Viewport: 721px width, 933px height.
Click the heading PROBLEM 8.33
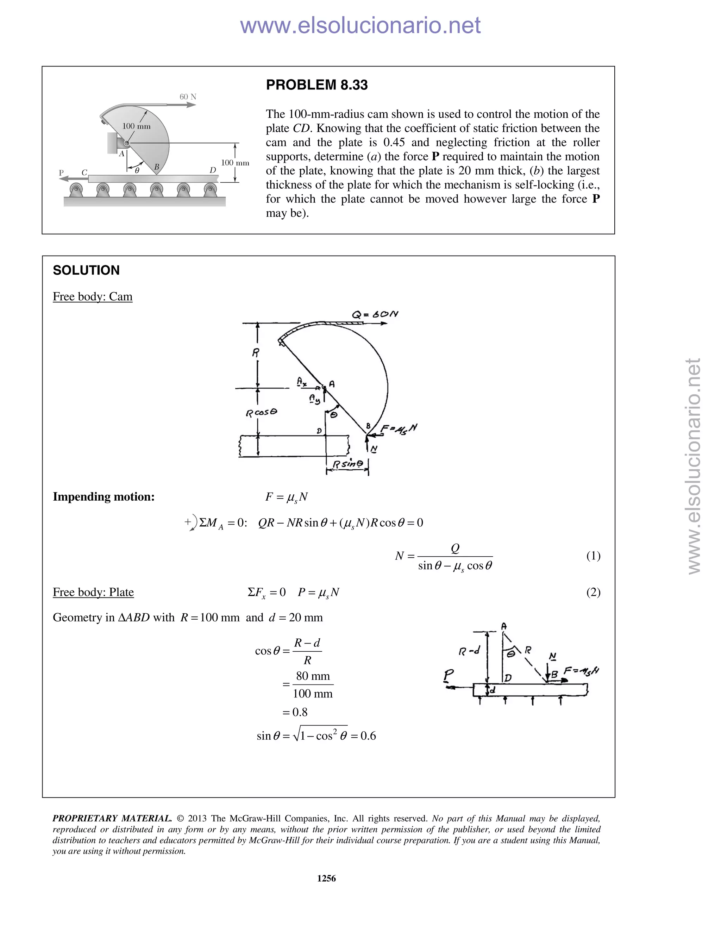coord(316,85)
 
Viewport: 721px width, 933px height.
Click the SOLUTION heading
coord(86,270)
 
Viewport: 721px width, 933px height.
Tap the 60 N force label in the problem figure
coord(188,96)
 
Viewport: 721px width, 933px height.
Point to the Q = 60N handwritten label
coord(375,314)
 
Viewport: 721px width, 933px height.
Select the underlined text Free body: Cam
coord(93,296)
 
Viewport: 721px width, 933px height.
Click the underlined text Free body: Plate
coord(93,592)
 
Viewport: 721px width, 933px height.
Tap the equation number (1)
coord(593,556)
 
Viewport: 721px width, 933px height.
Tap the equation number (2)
coord(593,592)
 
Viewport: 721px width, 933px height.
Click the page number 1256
coord(326,878)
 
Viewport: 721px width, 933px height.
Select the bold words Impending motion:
coord(104,497)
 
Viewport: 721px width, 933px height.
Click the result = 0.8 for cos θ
coord(295,712)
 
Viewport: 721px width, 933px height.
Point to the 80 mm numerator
coord(313,676)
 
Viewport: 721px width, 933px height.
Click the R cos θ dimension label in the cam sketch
coord(262,413)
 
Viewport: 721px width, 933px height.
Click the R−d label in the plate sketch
coord(469,651)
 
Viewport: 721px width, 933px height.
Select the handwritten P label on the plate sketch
coord(449,675)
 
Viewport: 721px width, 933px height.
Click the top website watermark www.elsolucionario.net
coord(360,25)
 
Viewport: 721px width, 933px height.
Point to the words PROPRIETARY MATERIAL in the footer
coord(112,819)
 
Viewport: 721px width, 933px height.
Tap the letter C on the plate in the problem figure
coord(84,173)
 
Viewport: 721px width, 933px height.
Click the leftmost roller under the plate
coord(76,188)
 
